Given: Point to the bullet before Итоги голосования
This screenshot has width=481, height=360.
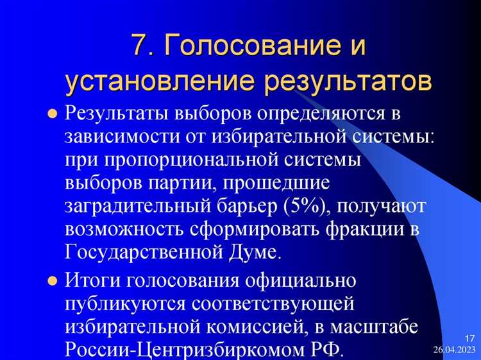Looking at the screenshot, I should point(53,282).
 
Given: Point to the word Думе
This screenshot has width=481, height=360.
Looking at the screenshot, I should point(255,251).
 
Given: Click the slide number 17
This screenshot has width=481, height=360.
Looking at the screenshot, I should point(469,338).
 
